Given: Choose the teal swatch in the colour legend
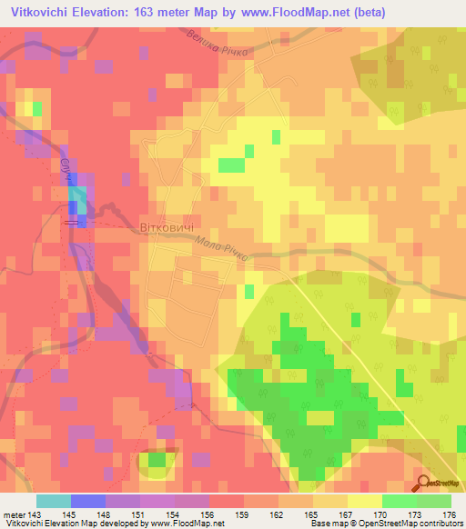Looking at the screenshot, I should point(54,502).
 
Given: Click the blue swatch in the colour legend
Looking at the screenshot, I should point(88,502).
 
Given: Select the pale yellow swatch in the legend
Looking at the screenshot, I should point(365,502).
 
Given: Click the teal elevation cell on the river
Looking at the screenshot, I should point(79,197).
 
